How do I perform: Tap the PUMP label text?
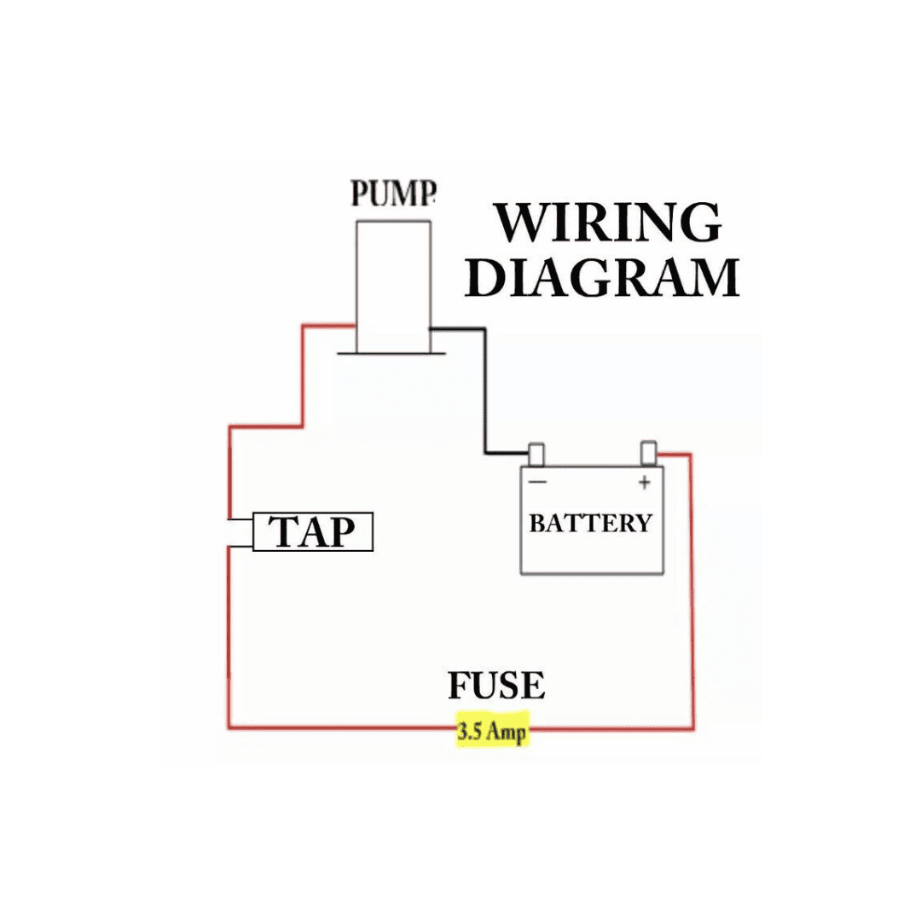(393, 194)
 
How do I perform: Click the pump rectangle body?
(393, 286)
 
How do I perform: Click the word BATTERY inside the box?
(590, 523)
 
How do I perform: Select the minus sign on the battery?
(538, 483)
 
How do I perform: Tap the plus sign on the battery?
(644, 483)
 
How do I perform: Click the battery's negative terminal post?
(536, 454)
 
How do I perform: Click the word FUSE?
(496, 686)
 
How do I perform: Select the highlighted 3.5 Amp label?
(492, 732)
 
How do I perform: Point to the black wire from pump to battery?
(485, 392)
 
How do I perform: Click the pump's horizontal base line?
(391, 352)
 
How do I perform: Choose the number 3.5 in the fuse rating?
(470, 732)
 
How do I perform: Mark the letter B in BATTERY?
(537, 523)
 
